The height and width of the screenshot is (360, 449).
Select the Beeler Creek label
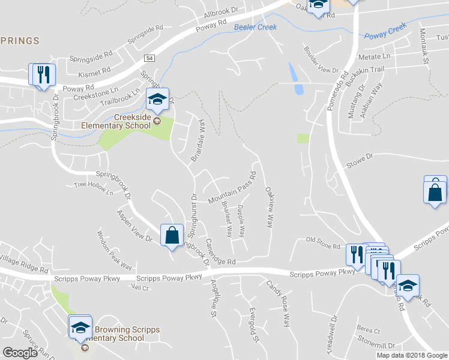point(255,28)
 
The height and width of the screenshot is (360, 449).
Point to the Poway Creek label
point(385,31)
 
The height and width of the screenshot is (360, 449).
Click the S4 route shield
point(149,58)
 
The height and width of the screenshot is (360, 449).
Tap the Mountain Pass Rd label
point(232,188)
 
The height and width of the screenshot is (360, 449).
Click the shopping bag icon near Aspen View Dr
point(172,235)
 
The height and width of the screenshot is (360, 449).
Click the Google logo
point(20,353)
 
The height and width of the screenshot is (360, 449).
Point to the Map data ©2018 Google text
point(412,355)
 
